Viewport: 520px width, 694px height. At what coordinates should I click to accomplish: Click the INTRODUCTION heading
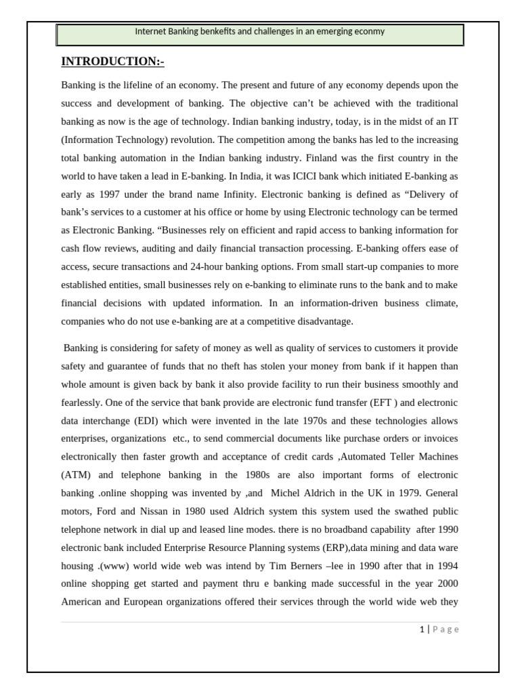pos(112,62)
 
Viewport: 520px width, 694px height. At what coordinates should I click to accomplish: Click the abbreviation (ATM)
pos(74,474)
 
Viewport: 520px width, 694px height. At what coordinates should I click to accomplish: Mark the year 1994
pos(447,565)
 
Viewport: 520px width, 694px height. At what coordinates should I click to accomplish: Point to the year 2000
pos(447,584)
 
